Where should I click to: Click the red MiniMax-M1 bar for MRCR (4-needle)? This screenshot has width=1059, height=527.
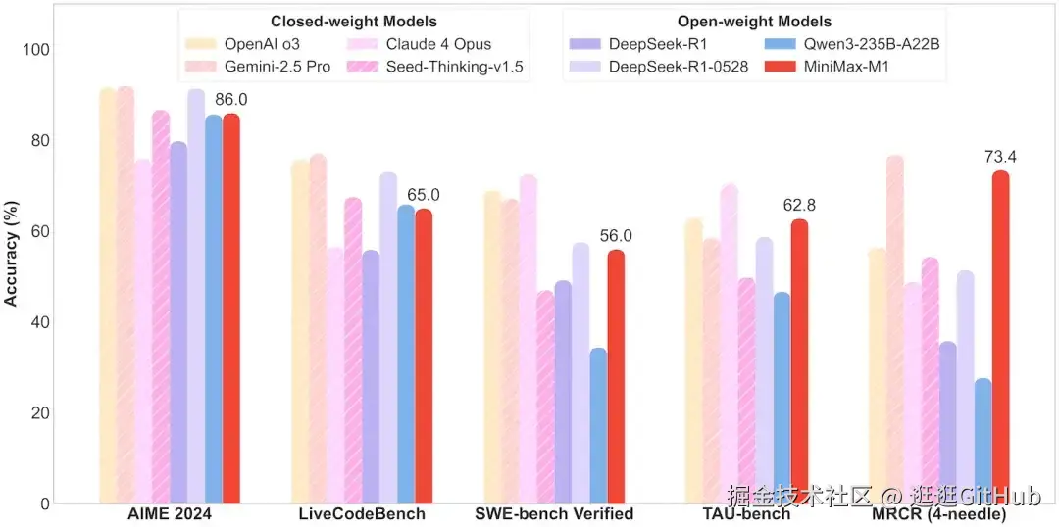pyautogui.click(x=1000, y=338)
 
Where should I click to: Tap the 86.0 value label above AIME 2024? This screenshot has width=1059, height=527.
pyautogui.click(x=231, y=100)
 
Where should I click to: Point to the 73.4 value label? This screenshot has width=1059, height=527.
pyautogui.click(x=1000, y=157)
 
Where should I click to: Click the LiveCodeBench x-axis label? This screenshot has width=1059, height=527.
pyautogui.click(x=362, y=514)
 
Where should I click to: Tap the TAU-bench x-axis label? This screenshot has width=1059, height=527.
pyautogui.click(x=745, y=514)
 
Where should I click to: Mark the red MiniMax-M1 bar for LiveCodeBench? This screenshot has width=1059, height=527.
pyautogui.click(x=424, y=357)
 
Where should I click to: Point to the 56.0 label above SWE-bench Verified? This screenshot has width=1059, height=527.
pyautogui.click(x=616, y=236)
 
